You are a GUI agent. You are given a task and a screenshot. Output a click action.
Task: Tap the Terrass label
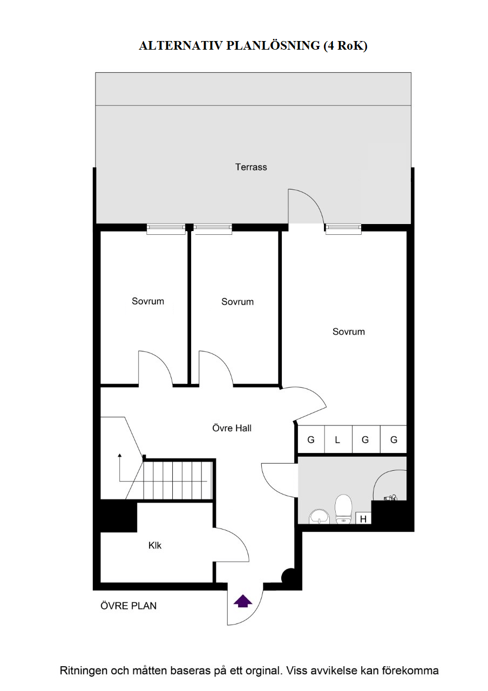click(x=251, y=167)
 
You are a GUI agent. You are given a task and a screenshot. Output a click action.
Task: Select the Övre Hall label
click(x=232, y=428)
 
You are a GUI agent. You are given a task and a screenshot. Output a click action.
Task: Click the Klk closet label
click(x=155, y=545)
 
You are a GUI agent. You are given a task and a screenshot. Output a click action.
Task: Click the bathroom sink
click(x=319, y=517)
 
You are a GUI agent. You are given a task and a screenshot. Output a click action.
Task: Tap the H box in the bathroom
click(x=363, y=518)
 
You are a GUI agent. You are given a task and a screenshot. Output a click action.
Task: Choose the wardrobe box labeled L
click(x=338, y=439)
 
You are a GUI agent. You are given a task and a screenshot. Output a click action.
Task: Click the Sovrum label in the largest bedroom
click(x=349, y=332)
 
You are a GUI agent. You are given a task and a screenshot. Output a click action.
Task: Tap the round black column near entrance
click(x=288, y=575)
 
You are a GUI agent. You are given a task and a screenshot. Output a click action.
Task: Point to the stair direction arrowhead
click(x=120, y=455)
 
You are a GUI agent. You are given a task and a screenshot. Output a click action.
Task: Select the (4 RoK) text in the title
click(x=345, y=46)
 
